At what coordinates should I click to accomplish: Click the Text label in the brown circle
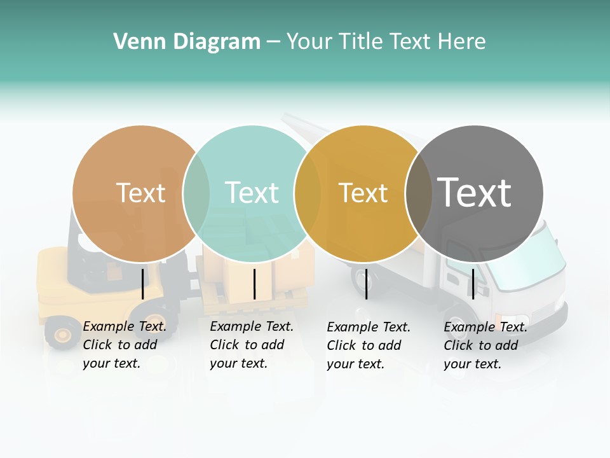tap(140, 193)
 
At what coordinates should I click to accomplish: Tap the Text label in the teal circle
tap(252, 193)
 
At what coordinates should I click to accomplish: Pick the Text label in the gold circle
tap(363, 193)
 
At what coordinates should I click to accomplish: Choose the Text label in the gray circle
tap(474, 193)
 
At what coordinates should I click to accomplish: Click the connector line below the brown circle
tap(142, 284)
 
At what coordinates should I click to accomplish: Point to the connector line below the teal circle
tap(254, 284)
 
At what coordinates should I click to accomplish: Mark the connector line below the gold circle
tap(366, 284)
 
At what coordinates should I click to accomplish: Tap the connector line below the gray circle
tap(473, 284)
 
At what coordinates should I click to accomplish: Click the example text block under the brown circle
tap(124, 345)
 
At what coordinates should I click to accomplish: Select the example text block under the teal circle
tap(251, 345)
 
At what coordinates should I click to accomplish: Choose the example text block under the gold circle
tap(368, 345)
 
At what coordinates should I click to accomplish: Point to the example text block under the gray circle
tap(485, 345)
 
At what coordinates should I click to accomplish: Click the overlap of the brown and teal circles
tap(196, 193)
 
